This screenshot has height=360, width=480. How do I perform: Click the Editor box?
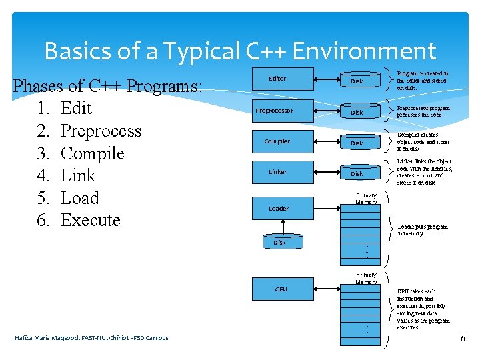pos(277,79)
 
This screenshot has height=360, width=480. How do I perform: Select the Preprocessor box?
pos(275,111)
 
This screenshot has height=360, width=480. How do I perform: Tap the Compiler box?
pos(277,141)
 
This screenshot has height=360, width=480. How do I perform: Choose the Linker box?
pos(277,172)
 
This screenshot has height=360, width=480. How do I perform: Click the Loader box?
pos(279,209)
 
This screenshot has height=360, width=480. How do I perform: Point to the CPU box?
pos(281,289)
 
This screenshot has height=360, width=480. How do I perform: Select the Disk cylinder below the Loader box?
pos(279,243)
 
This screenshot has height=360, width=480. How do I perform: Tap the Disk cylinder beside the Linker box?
pos(357,174)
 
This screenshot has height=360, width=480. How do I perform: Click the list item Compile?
pos(92,153)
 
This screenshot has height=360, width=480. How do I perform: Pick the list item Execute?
pos(90,220)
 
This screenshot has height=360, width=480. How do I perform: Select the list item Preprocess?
pos(101,131)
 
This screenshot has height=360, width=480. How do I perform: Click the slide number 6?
pos(463,339)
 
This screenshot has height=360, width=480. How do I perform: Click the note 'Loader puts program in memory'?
pos(423,230)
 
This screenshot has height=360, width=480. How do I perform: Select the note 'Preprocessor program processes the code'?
pos(423,111)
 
